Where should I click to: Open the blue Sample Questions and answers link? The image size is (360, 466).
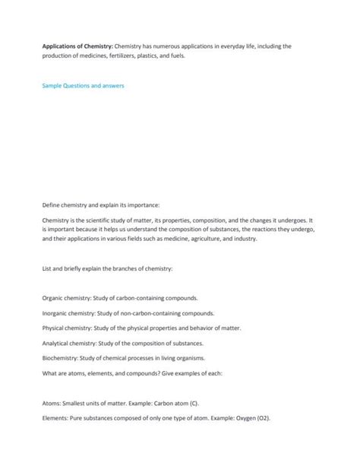point(83,86)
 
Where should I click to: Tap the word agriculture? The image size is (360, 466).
point(201,239)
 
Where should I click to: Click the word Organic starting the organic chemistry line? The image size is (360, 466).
point(54,299)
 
